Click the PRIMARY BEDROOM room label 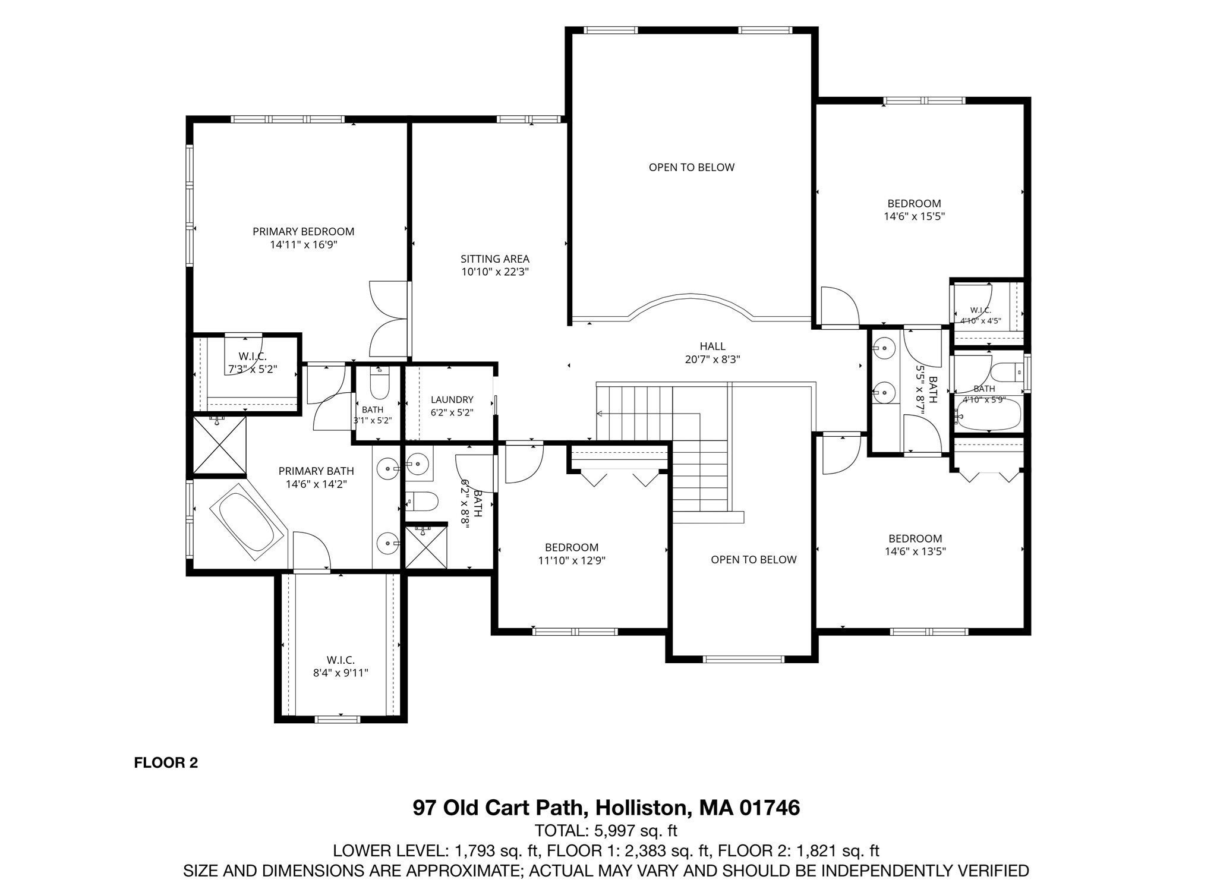[x=303, y=231]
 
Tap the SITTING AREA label [x=495, y=258]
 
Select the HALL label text [x=712, y=346]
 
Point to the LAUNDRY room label [x=452, y=399]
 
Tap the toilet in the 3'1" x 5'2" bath [x=379, y=383]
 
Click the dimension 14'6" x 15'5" [x=915, y=216]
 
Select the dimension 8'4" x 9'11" [x=340, y=673]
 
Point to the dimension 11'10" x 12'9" [x=572, y=560]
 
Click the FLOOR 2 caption [x=166, y=762]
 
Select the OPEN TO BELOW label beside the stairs [x=753, y=559]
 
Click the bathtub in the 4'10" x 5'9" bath [x=988, y=414]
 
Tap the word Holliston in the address [x=642, y=808]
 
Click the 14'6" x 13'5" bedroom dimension [x=915, y=551]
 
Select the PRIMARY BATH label [x=316, y=471]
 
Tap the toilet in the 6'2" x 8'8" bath [x=422, y=502]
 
